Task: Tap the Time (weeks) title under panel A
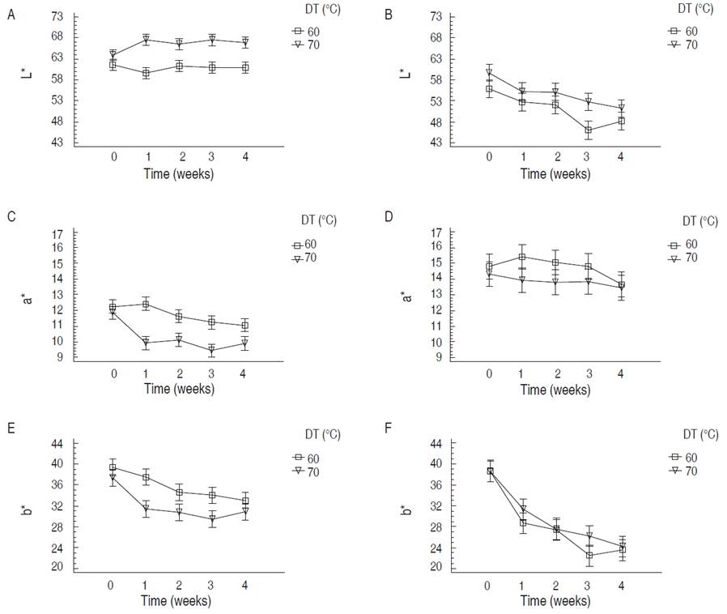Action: (179, 174)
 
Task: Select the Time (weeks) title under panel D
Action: (555, 390)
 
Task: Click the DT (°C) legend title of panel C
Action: (316, 220)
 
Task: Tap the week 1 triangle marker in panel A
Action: (146, 39)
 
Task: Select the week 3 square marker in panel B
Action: (588, 130)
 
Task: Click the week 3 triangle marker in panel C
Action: (211, 351)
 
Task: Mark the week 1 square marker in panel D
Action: (522, 258)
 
